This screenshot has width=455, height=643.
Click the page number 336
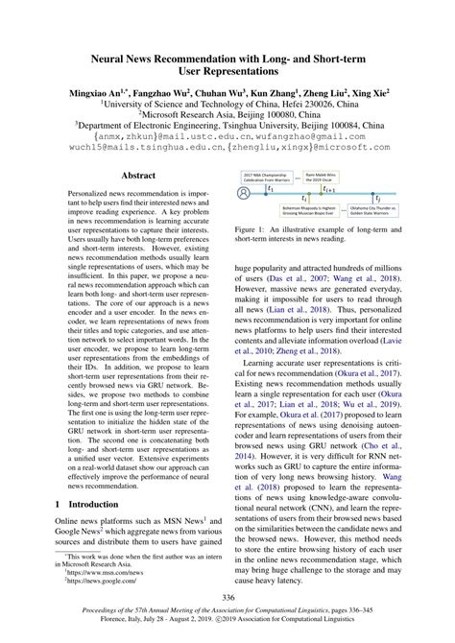227,600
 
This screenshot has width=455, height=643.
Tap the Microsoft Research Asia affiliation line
227,111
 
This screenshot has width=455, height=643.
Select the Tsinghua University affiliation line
227,124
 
